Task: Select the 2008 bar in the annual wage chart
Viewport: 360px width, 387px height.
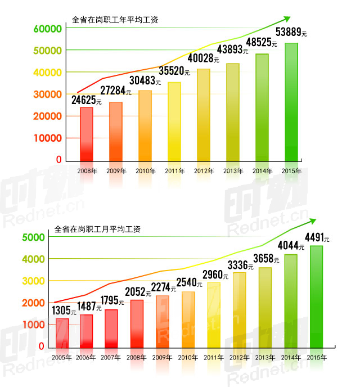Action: click(x=87, y=134)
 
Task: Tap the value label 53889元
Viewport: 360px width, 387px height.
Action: click(x=293, y=32)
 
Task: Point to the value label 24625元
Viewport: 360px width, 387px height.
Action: click(x=86, y=101)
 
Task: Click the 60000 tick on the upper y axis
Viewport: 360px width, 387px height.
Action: click(x=47, y=29)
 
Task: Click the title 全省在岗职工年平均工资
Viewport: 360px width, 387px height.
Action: click(x=115, y=20)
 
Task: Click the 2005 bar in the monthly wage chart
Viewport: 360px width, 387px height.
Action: click(x=62, y=334)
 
